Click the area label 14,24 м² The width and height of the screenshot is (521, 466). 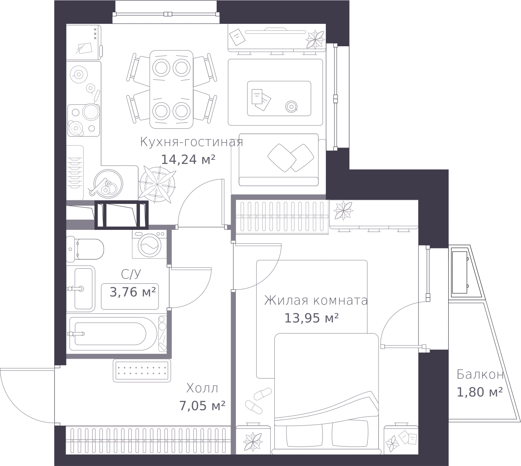point(188,160)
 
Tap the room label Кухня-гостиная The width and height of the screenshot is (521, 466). point(191,142)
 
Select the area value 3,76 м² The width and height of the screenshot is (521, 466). point(133,292)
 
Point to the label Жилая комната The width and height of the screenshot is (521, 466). point(316,301)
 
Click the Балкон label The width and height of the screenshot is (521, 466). point(480,375)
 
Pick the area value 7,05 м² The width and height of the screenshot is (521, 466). point(202,406)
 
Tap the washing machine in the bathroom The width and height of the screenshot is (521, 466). point(149,244)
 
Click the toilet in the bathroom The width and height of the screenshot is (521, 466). point(85,249)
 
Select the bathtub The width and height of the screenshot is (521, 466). point(113,334)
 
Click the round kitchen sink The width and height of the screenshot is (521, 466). point(108,184)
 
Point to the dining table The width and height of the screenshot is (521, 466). point(171,89)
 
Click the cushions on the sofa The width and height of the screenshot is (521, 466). point(290,158)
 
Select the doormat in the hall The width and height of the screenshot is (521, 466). point(142,371)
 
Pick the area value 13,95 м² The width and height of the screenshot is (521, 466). point(311,318)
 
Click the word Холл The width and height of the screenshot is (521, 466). point(202,388)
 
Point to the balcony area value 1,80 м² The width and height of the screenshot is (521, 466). point(480,392)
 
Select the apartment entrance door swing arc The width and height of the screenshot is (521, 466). point(16,407)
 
